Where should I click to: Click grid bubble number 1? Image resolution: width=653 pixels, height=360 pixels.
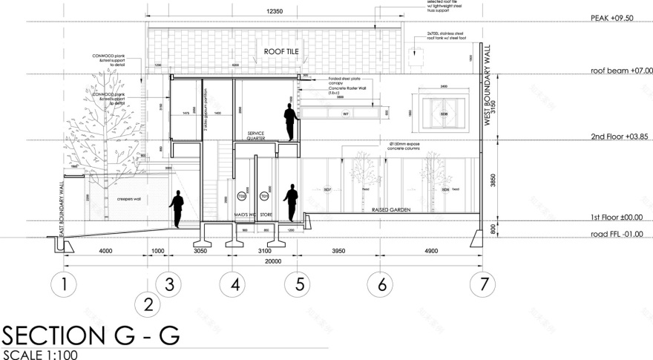coord(65,284)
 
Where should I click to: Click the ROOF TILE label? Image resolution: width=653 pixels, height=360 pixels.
coord(278,51)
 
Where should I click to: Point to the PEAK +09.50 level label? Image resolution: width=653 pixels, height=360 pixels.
coord(611,18)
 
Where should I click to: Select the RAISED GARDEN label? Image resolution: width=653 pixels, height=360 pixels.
coord(391,210)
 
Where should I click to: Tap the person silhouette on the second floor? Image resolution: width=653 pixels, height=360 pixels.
coord(291,121)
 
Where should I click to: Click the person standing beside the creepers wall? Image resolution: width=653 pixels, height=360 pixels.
coord(177,209)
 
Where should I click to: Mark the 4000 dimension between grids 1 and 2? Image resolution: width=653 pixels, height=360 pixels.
coord(105,251)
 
